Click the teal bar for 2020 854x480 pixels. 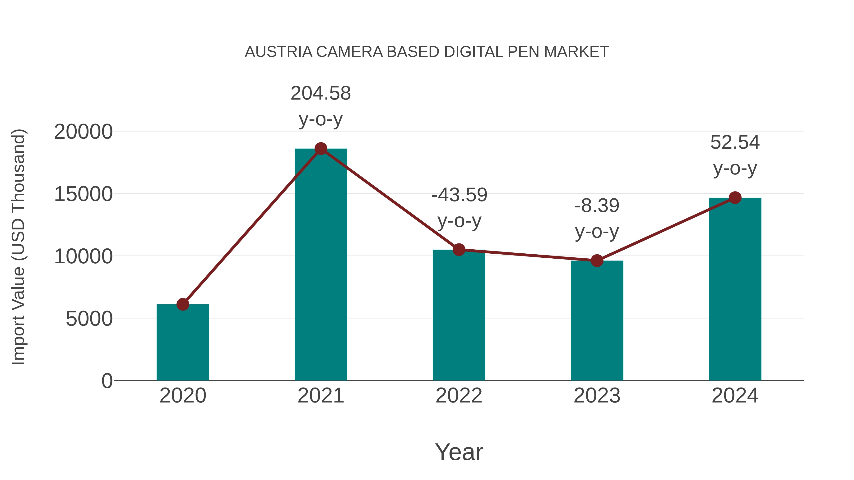[x=183, y=343]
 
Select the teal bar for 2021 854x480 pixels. [x=320, y=265]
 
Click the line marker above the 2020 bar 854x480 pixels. [x=183, y=304]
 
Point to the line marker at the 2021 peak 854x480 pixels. [x=320, y=149]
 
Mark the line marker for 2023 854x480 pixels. [x=597, y=261]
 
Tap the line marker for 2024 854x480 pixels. [x=735, y=198]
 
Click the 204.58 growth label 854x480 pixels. [x=320, y=93]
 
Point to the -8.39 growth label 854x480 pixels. [x=597, y=206]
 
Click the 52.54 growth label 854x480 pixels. [x=735, y=143]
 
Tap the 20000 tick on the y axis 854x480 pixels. [x=83, y=132]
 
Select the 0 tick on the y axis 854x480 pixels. [x=107, y=381]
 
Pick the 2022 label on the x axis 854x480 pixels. [x=459, y=396]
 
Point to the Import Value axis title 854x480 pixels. [x=18, y=247]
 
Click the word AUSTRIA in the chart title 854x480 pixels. [x=278, y=52]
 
